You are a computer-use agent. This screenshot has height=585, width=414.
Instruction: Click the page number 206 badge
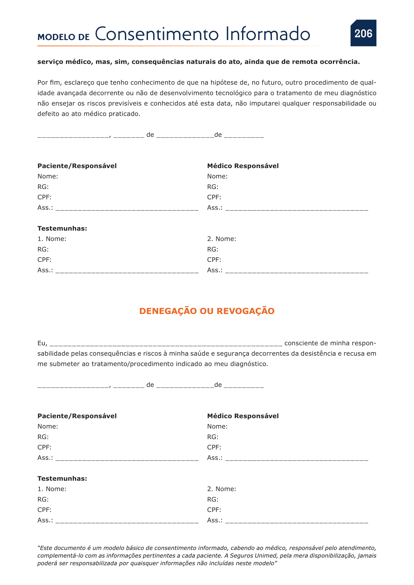pos(363,33)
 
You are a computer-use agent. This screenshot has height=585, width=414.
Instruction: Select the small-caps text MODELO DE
pos(64,37)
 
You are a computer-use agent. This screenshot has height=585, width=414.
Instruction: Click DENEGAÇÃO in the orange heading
pos(168,311)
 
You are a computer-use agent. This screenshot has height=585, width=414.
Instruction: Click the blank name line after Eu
pos(166,344)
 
